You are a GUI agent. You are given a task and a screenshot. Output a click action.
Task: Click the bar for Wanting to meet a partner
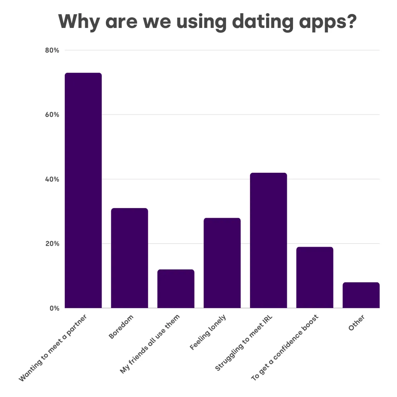pyautogui.click(x=83, y=190)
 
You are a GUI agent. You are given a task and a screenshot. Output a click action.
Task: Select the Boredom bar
pyautogui.click(x=129, y=258)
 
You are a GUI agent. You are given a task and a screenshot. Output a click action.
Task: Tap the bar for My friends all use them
pyautogui.click(x=176, y=289)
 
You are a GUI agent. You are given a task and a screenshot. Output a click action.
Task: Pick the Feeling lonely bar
pyautogui.click(x=222, y=263)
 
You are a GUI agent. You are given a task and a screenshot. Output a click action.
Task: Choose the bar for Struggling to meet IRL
pyautogui.click(x=269, y=240)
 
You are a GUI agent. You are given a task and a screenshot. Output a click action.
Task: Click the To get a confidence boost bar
pyautogui.click(x=315, y=277)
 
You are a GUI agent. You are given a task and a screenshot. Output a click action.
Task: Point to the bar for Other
pyautogui.click(x=361, y=295)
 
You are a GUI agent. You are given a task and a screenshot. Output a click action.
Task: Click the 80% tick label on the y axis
pyautogui.click(x=52, y=50)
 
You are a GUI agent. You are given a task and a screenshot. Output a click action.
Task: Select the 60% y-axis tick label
pyautogui.click(x=52, y=115)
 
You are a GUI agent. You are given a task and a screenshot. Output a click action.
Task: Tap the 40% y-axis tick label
pyautogui.click(x=52, y=179)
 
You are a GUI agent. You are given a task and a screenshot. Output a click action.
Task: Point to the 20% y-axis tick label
pyautogui.click(x=52, y=244)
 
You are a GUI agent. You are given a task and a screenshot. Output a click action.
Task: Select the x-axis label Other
pyautogui.click(x=357, y=323)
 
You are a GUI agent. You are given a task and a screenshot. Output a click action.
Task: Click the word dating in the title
pyautogui.click(x=263, y=21)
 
